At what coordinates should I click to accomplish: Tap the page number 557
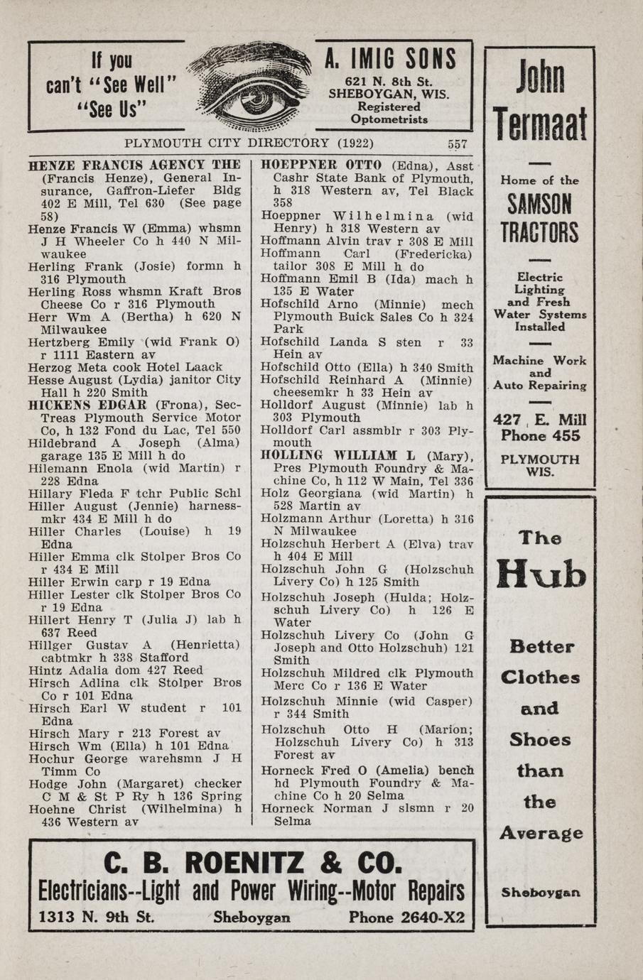pyautogui.click(x=457, y=143)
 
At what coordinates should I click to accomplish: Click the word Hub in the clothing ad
pyautogui.click(x=541, y=574)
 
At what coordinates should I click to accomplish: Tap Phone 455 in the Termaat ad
pyautogui.click(x=540, y=436)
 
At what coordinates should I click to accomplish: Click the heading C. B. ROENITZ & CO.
pyautogui.click(x=253, y=864)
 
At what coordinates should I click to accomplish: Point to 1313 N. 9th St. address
pyautogui.click(x=96, y=917)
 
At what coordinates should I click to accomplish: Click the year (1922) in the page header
pyautogui.click(x=355, y=143)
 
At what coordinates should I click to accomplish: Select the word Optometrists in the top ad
pyautogui.click(x=389, y=119)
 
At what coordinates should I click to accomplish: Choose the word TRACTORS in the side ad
pyautogui.click(x=539, y=232)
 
